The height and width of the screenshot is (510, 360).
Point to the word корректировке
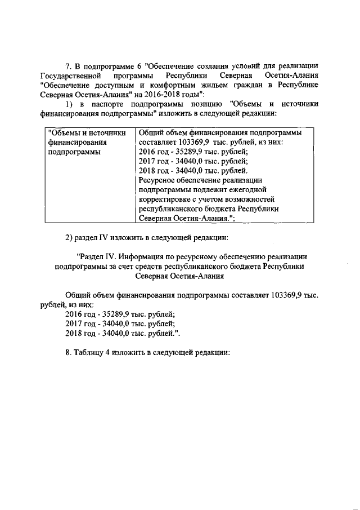click(164, 199)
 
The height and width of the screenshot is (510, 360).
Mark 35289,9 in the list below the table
click(111, 314)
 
